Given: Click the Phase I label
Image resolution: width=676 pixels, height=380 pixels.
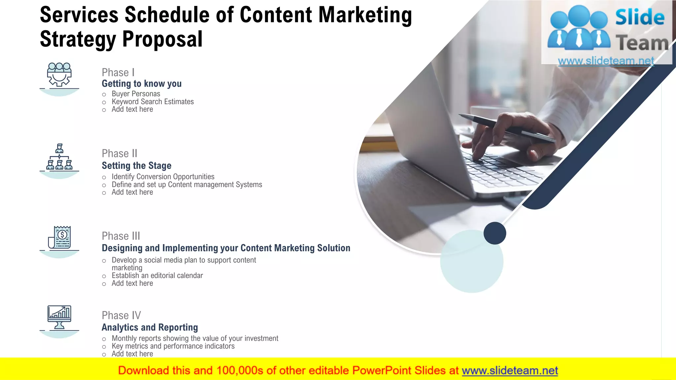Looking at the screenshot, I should pyautogui.click(x=118, y=73).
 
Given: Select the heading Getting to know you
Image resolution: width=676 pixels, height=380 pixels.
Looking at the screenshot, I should pyautogui.click(x=142, y=84).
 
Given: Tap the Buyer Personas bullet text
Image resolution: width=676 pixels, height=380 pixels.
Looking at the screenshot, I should pyautogui.click(x=136, y=94).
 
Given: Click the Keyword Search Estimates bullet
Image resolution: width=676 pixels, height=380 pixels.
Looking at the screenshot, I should pyautogui.click(x=152, y=102).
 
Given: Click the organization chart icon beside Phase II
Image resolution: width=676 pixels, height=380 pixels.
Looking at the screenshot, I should pyautogui.click(x=59, y=157).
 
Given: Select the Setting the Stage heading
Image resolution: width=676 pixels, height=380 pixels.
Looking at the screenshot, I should pyautogui.click(x=136, y=166).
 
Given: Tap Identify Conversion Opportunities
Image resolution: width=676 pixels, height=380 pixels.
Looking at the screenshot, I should pyautogui.click(x=163, y=177).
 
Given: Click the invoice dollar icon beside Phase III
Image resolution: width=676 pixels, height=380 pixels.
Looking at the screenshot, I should pyautogui.click(x=60, y=237).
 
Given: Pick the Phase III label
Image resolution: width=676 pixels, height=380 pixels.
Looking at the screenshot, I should pyautogui.click(x=121, y=236).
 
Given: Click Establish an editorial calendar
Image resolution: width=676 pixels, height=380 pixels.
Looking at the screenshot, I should pyautogui.click(x=157, y=276).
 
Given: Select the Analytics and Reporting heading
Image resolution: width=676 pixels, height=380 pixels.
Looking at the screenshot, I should pyautogui.click(x=150, y=328).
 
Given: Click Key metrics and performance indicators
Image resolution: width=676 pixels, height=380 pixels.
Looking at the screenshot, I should pyautogui.click(x=173, y=346).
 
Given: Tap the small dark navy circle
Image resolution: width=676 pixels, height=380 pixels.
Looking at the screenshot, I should pyautogui.click(x=494, y=233).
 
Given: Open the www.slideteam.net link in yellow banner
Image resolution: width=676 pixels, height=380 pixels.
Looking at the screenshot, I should pyautogui.click(x=509, y=371).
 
